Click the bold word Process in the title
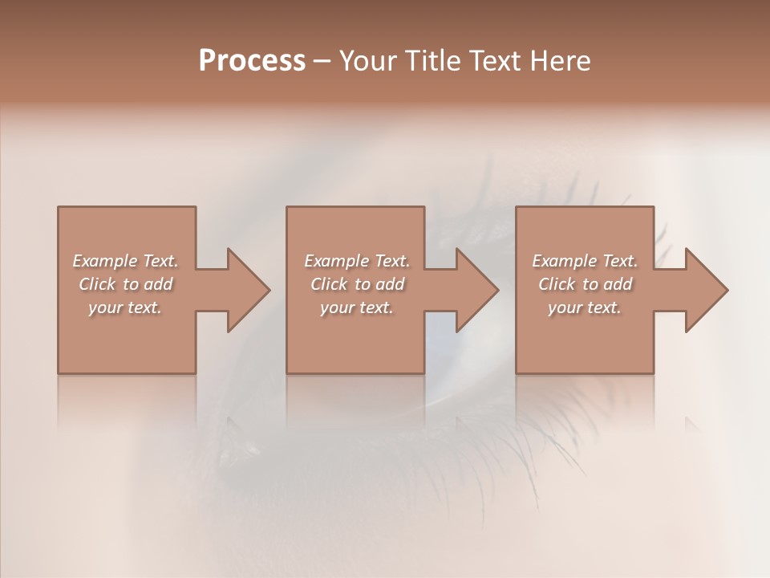(252, 61)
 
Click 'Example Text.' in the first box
(125, 261)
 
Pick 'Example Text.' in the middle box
(357, 261)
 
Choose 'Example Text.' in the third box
(585, 261)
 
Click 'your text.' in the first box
(125, 307)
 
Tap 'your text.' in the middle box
(357, 307)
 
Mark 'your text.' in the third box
(585, 307)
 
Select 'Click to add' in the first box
(125, 284)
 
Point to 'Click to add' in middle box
(357, 284)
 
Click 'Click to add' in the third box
(585, 284)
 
